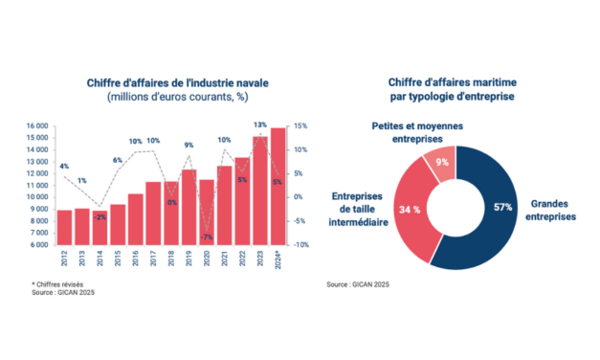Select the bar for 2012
point(64,227)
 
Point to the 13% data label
point(259,125)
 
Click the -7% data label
point(206,236)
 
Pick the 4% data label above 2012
point(63,167)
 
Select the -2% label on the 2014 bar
point(100,217)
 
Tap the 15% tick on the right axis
point(300,125)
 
